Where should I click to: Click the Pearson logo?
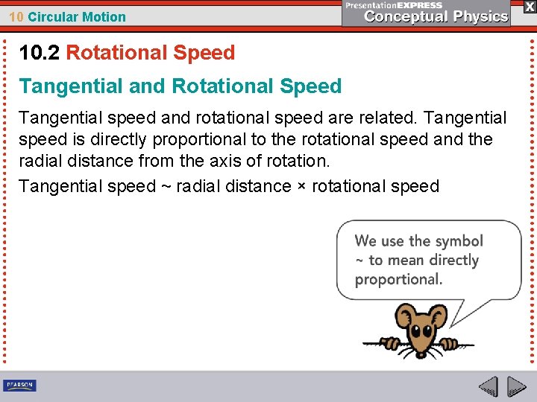pos(20,386)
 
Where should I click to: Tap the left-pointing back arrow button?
pos(488,386)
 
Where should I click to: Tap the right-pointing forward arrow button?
pos(516,386)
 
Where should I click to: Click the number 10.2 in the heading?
pos(40,53)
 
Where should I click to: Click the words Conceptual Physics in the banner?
pos(436,16)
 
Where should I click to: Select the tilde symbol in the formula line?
pos(166,186)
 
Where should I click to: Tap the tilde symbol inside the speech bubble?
pos(359,261)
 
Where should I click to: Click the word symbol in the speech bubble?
pos(458,241)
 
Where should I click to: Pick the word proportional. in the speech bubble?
pos(398,280)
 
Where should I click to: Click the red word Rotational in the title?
pos(115,53)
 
